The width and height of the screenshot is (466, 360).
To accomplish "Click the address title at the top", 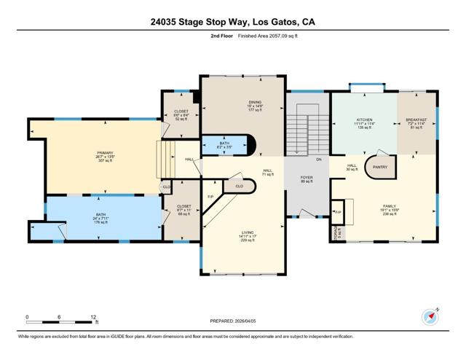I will tap(233, 22).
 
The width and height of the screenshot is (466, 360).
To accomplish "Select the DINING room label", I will tap(254, 103).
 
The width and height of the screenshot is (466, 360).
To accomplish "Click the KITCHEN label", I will tap(364, 119).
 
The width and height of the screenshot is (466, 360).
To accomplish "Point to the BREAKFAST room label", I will tap(416, 119).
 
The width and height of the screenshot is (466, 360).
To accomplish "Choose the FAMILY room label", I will tap(390, 206).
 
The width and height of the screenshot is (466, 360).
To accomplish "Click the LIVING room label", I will tap(248, 233).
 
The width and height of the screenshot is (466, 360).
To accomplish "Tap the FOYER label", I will tap(307, 177).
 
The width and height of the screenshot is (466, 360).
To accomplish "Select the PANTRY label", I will tap(380, 167).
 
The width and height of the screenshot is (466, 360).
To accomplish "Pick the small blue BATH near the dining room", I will tap(225, 144).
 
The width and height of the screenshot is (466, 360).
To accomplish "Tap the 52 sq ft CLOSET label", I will tap(181, 112).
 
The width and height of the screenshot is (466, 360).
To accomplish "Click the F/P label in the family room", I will tap(338, 212).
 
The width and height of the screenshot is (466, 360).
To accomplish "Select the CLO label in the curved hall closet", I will tap(240, 187).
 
